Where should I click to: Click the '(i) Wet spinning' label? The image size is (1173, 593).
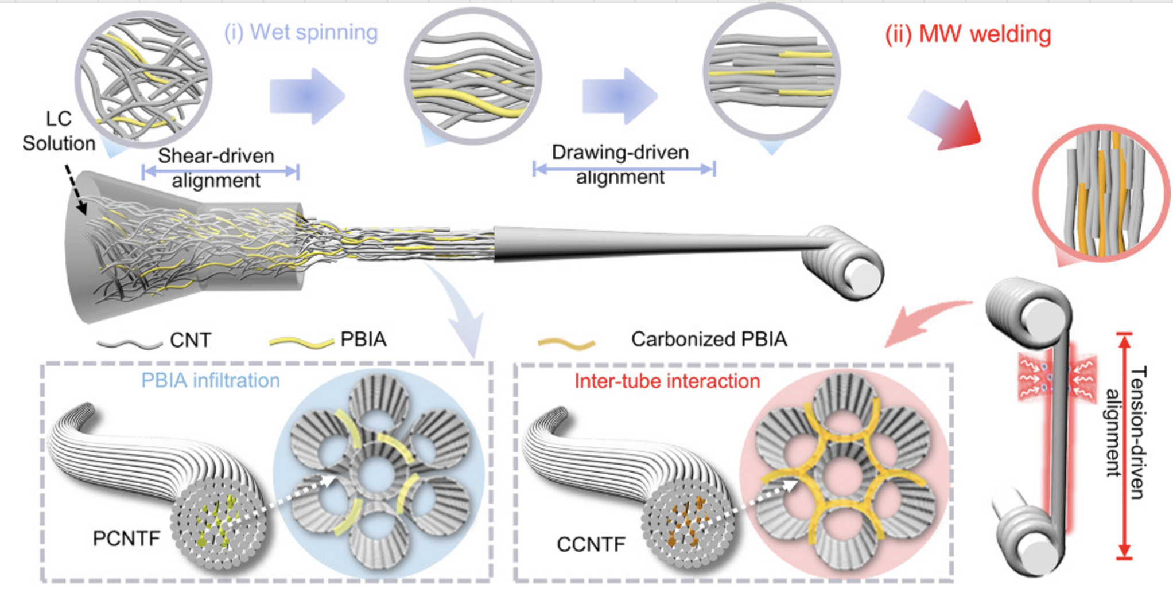(x=301, y=32)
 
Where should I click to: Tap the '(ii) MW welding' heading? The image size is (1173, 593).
(x=968, y=34)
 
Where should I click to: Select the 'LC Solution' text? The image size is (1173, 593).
(x=59, y=131)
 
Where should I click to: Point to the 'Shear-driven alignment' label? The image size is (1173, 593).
(x=216, y=167)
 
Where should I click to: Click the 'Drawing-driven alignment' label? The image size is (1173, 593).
(x=620, y=164)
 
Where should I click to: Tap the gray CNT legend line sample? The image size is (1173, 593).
(x=130, y=344)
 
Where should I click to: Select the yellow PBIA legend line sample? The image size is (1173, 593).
(x=301, y=342)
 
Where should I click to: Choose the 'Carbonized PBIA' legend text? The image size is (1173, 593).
(x=709, y=339)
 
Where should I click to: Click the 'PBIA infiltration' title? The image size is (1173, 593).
(x=210, y=380)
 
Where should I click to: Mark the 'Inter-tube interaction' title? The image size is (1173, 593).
(x=667, y=381)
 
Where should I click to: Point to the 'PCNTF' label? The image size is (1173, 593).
(x=126, y=538)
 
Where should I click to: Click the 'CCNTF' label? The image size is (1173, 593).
(x=591, y=543)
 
